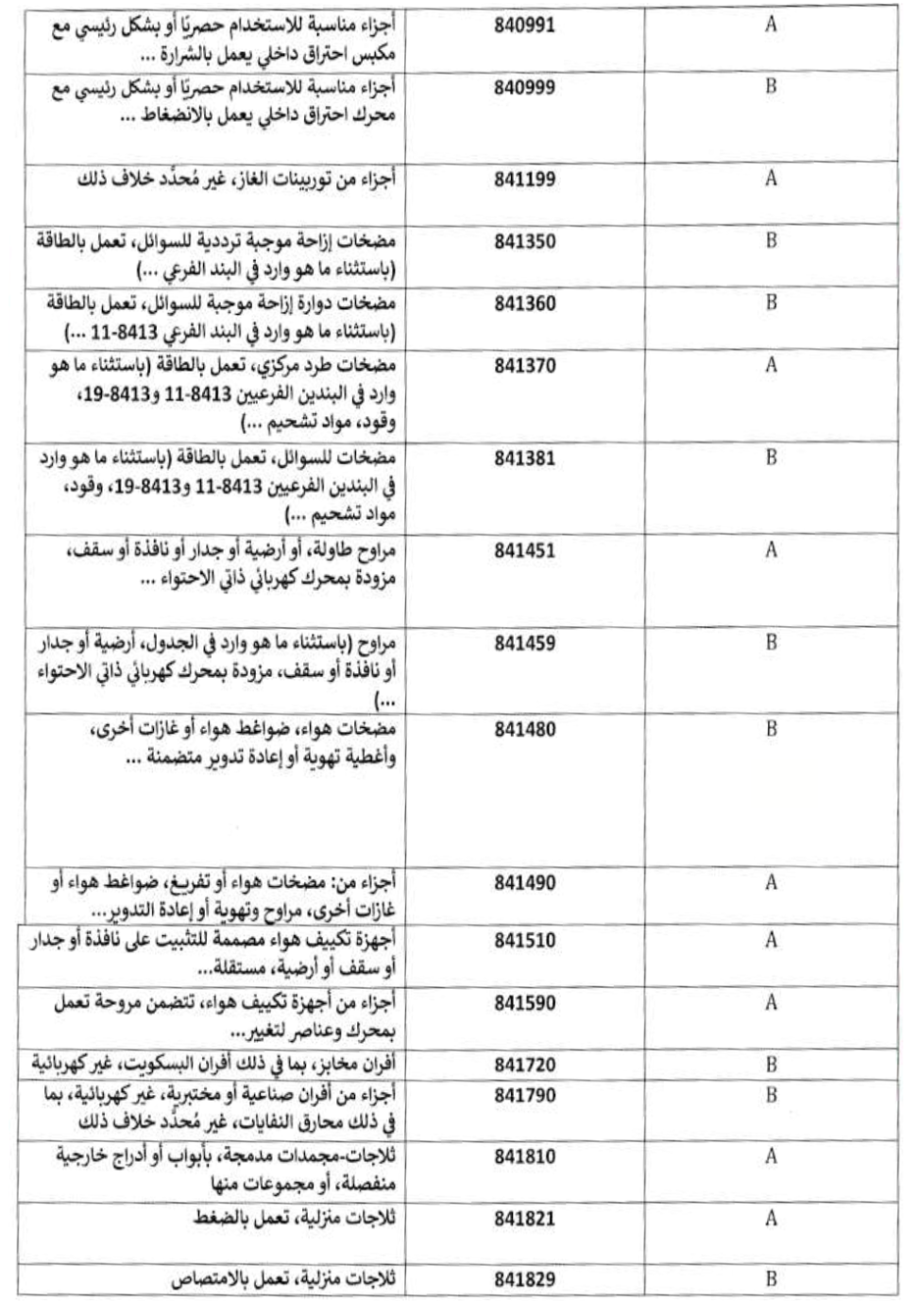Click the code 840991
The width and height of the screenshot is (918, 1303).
(x=525, y=26)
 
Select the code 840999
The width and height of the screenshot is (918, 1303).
(x=525, y=87)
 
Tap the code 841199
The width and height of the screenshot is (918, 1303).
(x=525, y=179)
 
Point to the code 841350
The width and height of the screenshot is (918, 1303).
(x=525, y=241)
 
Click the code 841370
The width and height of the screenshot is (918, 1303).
(x=525, y=366)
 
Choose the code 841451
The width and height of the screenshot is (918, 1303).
(x=525, y=550)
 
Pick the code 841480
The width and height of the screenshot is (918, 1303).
(x=525, y=730)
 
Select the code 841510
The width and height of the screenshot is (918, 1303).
(x=525, y=941)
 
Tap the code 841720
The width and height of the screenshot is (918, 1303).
(x=525, y=1065)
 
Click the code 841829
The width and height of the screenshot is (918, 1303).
(x=525, y=1279)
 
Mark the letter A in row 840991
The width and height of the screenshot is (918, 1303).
(x=771, y=26)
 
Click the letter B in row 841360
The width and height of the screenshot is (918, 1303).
(x=771, y=302)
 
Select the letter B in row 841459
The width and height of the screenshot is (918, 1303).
(x=771, y=643)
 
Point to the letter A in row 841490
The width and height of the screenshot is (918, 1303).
(x=771, y=882)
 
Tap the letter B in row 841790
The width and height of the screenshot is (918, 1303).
(x=771, y=1095)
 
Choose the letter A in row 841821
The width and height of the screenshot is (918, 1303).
(x=771, y=1219)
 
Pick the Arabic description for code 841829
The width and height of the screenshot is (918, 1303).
(x=288, y=1279)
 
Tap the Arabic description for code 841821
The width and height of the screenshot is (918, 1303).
(x=299, y=1219)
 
